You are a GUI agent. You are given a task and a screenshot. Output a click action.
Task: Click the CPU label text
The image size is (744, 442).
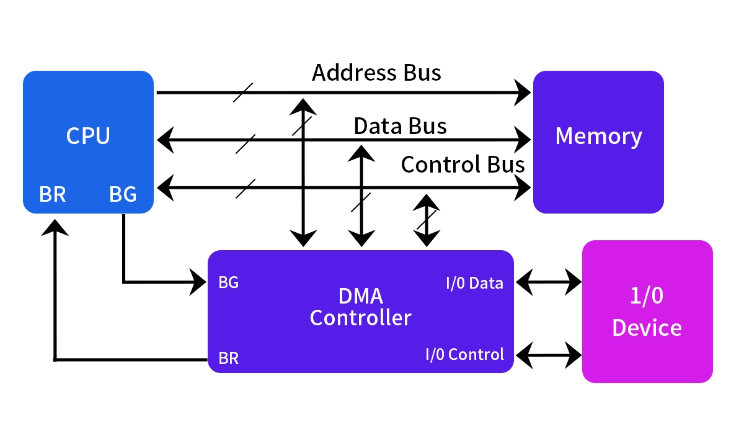[x=88, y=136]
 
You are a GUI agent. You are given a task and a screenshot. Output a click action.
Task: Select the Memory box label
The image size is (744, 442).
[x=598, y=136]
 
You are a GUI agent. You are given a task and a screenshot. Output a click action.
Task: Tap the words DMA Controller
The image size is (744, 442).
[x=360, y=307]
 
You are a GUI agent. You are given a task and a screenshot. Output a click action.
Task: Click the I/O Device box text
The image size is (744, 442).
[x=647, y=312]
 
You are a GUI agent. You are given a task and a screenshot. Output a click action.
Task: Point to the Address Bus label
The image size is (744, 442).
[x=376, y=73]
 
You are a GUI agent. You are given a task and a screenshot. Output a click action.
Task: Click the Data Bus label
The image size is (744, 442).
[x=400, y=126]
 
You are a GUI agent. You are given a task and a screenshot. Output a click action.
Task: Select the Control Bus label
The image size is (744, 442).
[x=463, y=165]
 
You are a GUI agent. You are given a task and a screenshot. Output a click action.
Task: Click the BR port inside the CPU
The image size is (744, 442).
[x=52, y=195]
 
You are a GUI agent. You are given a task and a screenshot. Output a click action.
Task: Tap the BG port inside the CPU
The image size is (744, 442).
[x=123, y=195]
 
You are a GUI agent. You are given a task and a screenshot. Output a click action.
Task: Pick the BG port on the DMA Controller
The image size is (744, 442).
[x=228, y=282]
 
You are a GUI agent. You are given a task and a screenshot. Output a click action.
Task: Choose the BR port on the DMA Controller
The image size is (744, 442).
[x=228, y=359]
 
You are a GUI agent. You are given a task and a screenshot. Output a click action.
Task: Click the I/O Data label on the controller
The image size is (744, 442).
[x=474, y=283]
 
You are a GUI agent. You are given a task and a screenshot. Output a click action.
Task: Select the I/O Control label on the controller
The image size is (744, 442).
[x=464, y=354]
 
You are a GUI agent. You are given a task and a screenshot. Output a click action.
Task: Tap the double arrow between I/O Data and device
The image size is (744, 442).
[x=548, y=282]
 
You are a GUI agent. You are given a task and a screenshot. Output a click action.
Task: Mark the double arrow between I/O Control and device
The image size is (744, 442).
[x=548, y=355]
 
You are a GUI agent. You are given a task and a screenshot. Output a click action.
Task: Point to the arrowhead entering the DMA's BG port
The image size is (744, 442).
[x=198, y=282]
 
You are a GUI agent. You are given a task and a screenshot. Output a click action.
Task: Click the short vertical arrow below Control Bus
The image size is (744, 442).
[x=427, y=220]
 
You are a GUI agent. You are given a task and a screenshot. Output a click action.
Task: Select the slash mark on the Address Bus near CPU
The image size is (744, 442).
[x=242, y=92]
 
